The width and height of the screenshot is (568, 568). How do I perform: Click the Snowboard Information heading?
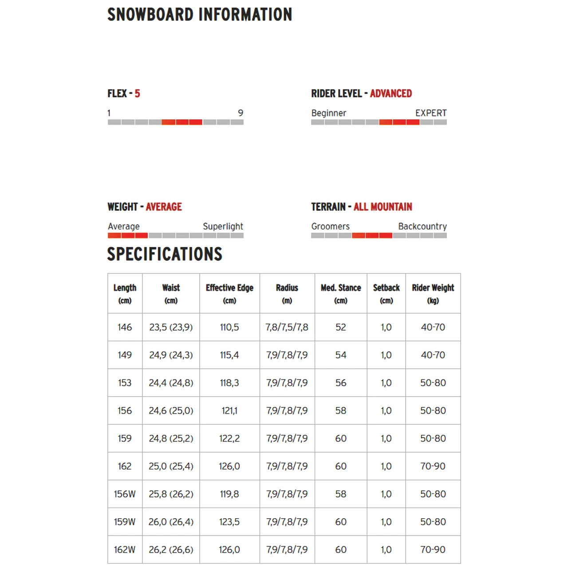[200, 15]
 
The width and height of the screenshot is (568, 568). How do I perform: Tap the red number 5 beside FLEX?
[138, 94]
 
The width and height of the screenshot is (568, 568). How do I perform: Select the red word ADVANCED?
[391, 94]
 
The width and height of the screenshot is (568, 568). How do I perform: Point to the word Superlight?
[223, 226]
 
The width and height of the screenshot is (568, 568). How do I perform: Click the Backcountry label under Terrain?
[422, 226]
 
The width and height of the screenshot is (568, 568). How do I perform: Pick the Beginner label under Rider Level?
[328, 113]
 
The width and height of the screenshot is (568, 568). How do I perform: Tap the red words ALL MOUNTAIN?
[383, 207]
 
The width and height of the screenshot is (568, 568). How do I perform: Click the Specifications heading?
[165, 254]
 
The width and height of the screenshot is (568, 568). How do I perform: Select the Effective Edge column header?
[229, 293]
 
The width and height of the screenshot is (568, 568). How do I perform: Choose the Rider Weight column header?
[433, 293]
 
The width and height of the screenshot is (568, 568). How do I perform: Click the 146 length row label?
[125, 327]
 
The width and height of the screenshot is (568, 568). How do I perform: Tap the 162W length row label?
[125, 550]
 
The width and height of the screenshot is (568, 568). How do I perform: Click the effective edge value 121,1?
[229, 411]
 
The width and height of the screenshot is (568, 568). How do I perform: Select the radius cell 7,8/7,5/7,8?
[287, 327]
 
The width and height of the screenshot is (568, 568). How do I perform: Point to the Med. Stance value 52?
[341, 327]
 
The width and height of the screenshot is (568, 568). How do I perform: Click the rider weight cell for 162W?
[433, 550]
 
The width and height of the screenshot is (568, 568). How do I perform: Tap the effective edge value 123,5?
[229, 522]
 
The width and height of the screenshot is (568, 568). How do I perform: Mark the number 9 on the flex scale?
[241, 113]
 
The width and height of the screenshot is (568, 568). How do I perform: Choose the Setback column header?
[387, 293]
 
